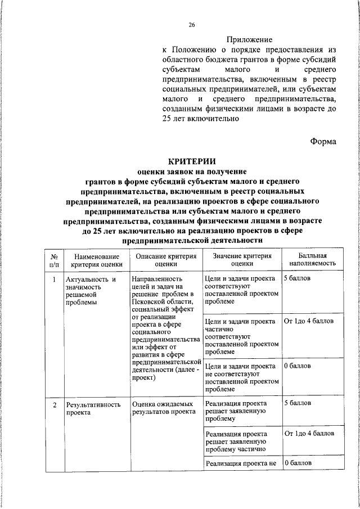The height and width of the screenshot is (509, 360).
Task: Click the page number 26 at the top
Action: (191, 25)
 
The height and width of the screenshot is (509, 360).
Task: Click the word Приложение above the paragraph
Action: (249, 40)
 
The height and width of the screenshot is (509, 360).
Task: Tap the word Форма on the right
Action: (323, 141)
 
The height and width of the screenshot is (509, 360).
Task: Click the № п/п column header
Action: (54, 259)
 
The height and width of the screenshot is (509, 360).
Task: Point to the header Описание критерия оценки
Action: (166, 259)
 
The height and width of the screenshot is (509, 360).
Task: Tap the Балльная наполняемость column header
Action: (313, 259)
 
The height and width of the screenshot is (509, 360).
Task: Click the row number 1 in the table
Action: (54, 279)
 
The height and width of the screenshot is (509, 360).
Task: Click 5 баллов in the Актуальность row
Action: (297, 279)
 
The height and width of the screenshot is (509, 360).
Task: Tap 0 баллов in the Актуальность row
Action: (297, 366)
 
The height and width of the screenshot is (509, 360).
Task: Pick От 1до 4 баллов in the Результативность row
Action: (309, 434)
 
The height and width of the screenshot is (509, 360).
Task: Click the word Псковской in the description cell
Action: (149, 301)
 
